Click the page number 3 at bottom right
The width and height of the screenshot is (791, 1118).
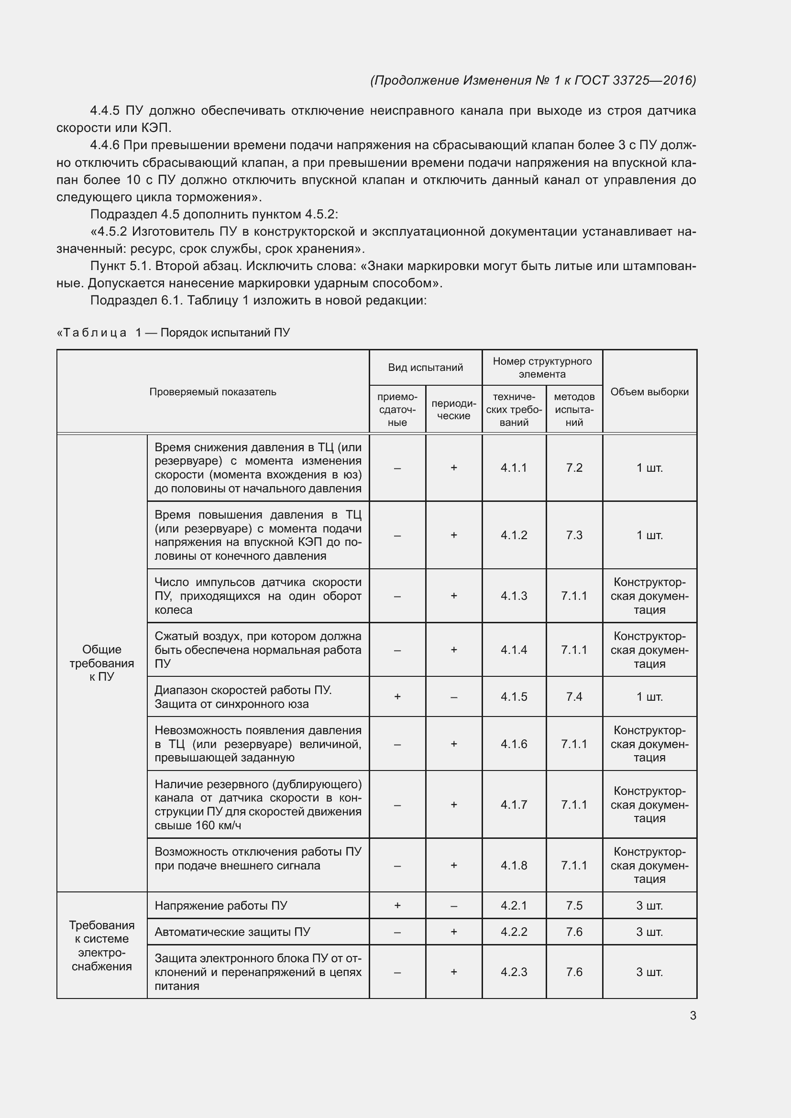692,1015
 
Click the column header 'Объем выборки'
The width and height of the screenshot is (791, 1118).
649,391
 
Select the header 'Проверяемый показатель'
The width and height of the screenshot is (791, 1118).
212,391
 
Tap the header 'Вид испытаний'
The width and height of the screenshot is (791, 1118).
425,367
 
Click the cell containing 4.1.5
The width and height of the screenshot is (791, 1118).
514,696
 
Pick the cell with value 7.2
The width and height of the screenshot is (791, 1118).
574,467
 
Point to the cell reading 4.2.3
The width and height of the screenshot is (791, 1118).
514,972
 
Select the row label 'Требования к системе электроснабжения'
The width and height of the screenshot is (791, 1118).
102,945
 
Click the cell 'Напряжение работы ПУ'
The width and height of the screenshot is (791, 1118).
220,905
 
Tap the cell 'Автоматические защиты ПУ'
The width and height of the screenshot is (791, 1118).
232,932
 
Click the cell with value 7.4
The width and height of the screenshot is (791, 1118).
574,696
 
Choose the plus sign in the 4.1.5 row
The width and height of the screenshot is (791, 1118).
397,696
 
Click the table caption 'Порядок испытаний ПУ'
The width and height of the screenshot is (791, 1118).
225,333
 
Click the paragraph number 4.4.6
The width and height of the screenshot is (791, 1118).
105,145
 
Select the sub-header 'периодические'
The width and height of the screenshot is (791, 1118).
453,410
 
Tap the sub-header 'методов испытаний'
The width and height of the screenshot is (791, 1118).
574,410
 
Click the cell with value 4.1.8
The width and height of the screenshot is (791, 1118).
514,865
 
